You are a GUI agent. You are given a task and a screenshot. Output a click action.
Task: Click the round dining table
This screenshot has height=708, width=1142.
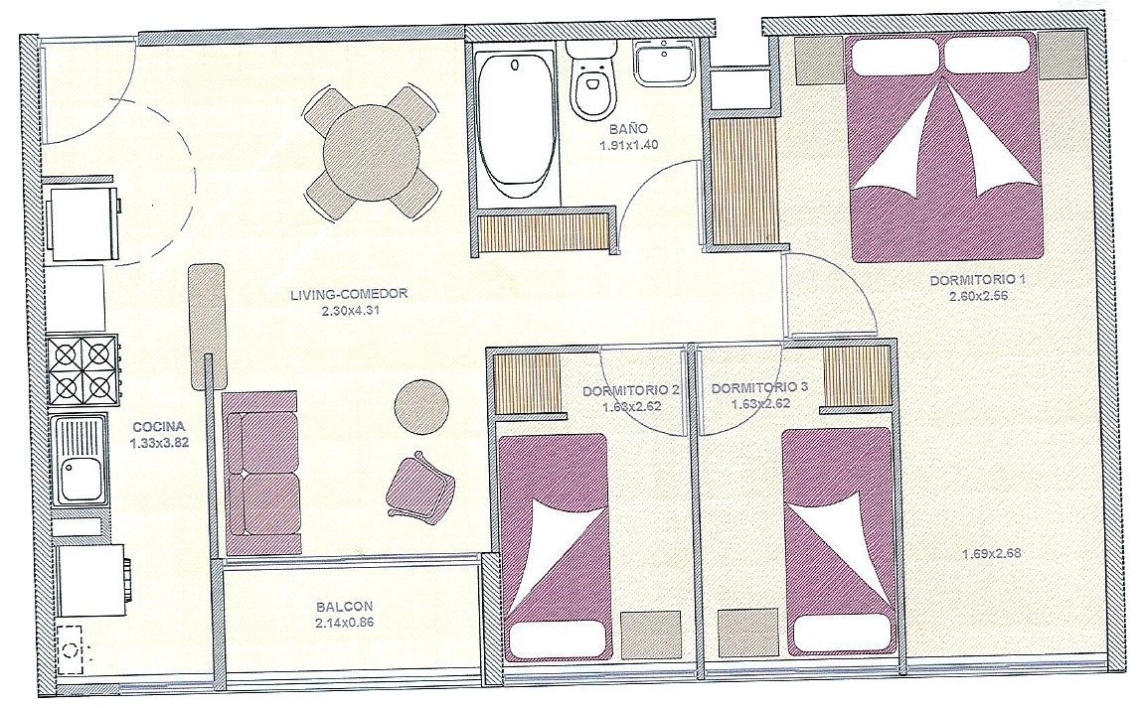(x=372, y=154)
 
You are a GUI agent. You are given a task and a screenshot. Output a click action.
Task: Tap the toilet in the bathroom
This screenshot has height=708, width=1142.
(x=591, y=80)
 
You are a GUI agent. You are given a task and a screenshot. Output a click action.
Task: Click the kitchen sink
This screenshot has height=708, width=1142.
(x=79, y=460)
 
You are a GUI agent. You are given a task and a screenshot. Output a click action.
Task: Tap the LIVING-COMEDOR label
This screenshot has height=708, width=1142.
(x=349, y=295)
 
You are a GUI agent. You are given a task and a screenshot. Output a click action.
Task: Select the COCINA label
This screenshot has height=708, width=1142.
(x=159, y=427)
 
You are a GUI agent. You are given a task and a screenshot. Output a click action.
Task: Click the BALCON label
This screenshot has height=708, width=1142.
(x=345, y=606)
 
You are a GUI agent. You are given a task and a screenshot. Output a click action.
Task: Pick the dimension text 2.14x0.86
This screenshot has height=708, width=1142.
(x=345, y=623)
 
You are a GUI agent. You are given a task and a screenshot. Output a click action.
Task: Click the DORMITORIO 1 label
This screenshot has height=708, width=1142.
(x=977, y=279)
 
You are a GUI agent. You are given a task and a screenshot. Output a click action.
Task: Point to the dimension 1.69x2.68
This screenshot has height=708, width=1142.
(x=991, y=553)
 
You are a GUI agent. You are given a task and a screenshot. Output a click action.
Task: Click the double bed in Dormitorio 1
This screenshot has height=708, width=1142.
(x=944, y=148)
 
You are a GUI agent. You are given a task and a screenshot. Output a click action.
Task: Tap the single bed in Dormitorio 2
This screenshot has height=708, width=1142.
(x=554, y=547)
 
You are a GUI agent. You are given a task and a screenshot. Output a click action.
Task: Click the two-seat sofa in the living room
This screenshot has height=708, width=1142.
(x=261, y=474)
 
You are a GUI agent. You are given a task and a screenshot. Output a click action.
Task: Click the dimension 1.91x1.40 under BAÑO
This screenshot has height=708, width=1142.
(x=628, y=145)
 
